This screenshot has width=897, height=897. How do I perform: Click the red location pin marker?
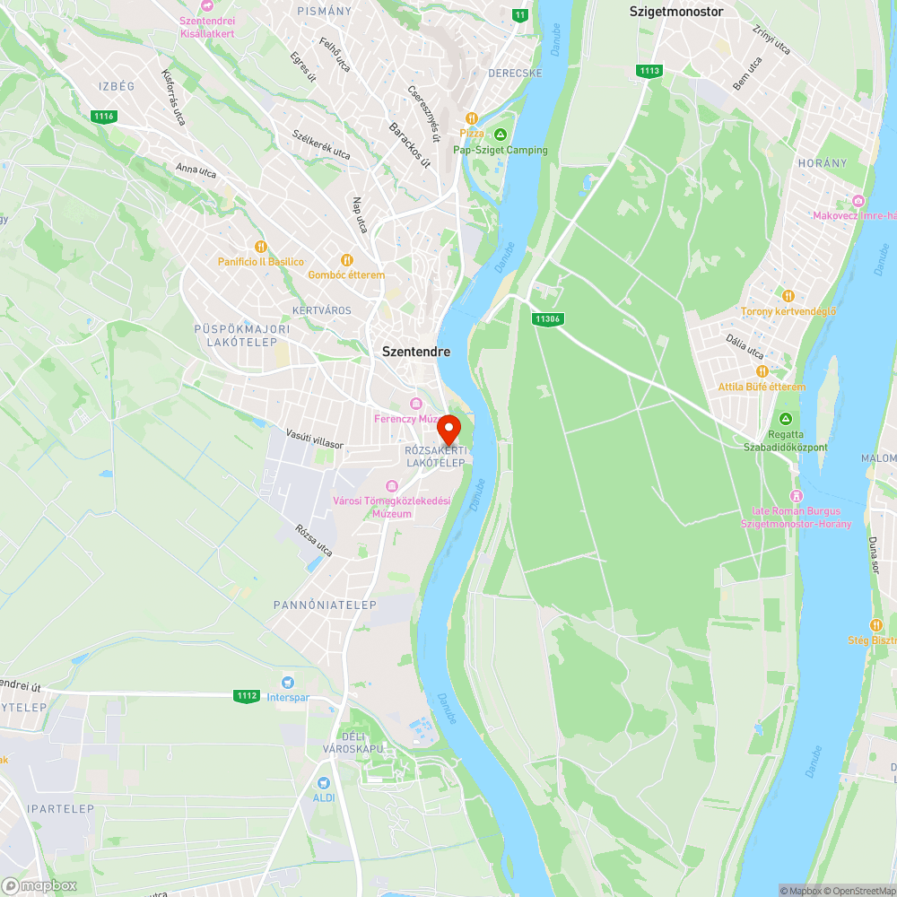[448, 428]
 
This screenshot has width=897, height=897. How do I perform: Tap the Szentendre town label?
[416, 352]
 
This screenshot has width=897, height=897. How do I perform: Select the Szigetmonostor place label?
[676, 12]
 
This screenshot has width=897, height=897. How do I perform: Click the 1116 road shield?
[104, 116]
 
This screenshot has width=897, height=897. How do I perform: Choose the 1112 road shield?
[247, 695]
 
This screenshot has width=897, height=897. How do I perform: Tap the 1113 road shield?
[649, 71]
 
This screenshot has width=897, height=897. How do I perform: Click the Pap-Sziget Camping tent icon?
[501, 135]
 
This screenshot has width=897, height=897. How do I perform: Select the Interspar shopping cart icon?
[288, 683]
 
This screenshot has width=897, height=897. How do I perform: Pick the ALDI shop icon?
[323, 782]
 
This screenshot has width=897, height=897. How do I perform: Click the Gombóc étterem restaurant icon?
[347, 260]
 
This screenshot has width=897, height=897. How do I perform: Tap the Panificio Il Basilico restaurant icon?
[261, 247]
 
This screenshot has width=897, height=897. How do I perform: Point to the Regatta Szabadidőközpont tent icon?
[786, 419]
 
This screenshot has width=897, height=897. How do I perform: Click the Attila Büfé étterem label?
[762, 387]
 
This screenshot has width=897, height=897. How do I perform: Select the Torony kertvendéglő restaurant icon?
[788, 296]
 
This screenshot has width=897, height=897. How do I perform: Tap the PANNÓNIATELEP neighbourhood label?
[325, 605]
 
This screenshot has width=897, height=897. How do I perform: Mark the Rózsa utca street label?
[314, 540]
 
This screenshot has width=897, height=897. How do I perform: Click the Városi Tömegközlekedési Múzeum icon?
[391, 485]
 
